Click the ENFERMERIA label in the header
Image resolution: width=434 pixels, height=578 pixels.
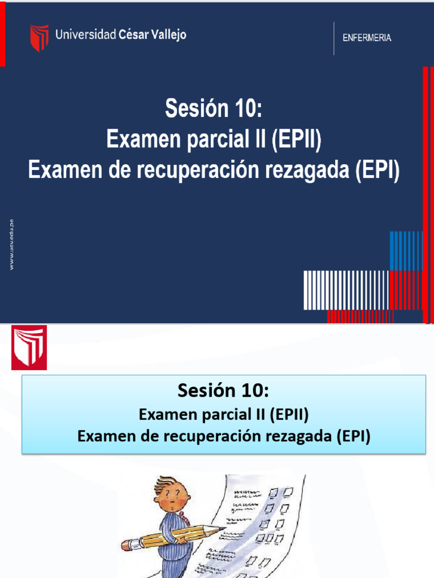click(367, 38)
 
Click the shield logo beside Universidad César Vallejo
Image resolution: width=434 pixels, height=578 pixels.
click(39, 38)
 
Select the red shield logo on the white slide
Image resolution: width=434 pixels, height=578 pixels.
click(29, 347)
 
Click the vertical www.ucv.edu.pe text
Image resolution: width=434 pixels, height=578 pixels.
click(11, 244)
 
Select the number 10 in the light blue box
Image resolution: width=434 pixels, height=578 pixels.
click(253, 390)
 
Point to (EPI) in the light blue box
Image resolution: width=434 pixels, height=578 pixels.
click(353, 436)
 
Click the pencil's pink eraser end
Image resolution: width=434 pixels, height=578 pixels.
click(127, 545)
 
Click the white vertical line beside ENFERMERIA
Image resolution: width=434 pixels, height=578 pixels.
click(334, 38)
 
